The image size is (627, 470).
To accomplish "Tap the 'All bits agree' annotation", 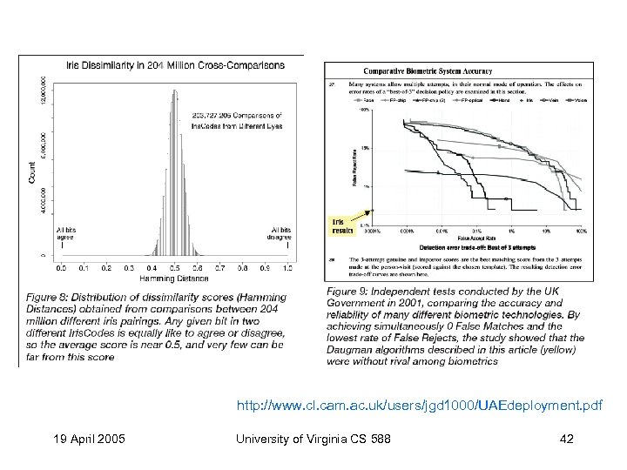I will click(64, 232).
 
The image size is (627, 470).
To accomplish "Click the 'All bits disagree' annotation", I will click(280, 232).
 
